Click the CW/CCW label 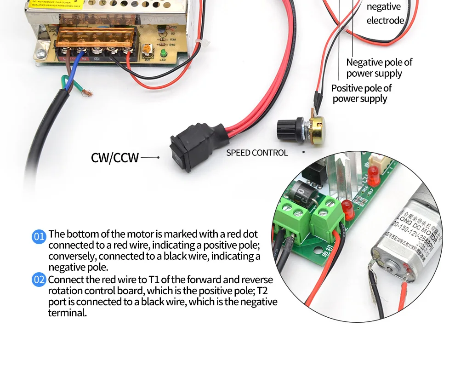[x=115, y=158]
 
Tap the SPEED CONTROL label [x=256, y=153]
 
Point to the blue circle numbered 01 [x=39, y=237]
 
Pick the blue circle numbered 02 [x=39, y=280]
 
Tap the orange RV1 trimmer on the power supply [x=147, y=49]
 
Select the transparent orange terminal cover [x=97, y=34]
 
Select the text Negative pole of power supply [x=379, y=68]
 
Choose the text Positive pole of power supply [x=361, y=93]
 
